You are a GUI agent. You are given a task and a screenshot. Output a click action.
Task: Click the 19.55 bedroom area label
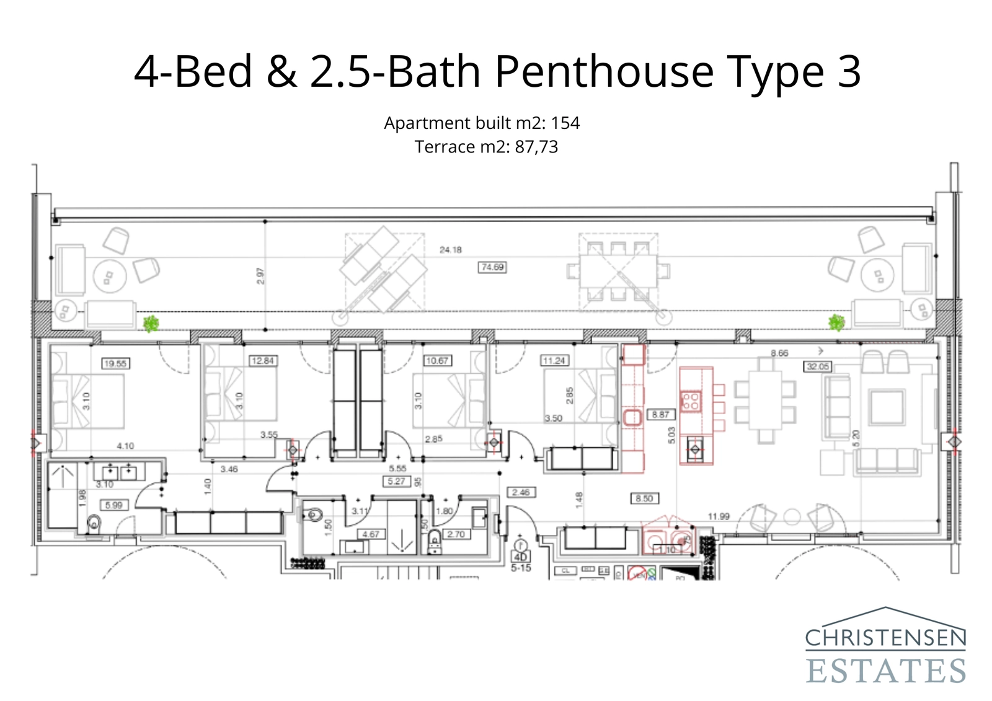click(x=115, y=363)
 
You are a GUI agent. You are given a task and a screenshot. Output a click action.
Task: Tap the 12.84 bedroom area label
click(x=262, y=360)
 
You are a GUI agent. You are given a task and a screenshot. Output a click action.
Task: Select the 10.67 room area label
click(x=437, y=360)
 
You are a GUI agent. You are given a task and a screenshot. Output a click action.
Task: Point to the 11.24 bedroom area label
click(x=554, y=360)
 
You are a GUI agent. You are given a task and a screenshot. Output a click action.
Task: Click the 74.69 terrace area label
click(x=492, y=267)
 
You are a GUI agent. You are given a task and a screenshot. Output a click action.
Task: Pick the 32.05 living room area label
click(x=817, y=366)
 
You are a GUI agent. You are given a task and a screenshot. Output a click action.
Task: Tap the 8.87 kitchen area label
click(x=660, y=415)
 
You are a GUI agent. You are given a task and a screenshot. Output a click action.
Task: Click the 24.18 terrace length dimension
click(x=451, y=250)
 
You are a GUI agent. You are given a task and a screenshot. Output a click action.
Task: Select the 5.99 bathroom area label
click(x=113, y=505)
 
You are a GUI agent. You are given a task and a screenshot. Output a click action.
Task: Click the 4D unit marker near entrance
click(x=521, y=557)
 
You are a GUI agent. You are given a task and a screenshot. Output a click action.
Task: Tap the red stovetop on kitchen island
click(x=691, y=400)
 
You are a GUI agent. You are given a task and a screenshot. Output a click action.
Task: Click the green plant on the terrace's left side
click(x=151, y=323)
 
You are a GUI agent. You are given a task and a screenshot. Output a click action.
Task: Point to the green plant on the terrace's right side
click(x=837, y=322)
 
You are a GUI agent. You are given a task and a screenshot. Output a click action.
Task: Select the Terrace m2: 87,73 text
click(x=486, y=147)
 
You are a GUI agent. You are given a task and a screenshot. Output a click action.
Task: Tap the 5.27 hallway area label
click(x=396, y=481)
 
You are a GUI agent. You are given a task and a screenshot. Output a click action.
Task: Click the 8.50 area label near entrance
click(x=644, y=498)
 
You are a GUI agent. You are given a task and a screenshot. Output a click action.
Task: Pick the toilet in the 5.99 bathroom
click(x=94, y=524)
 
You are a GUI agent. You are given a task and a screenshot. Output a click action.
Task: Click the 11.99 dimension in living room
click(x=719, y=516)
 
